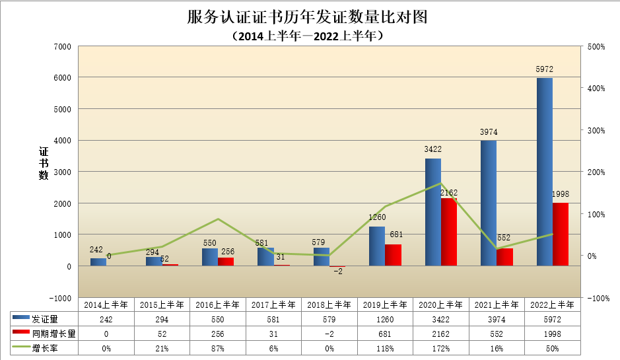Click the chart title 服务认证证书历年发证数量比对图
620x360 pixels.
[x=308, y=17]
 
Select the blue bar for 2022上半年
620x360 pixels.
[x=545, y=172]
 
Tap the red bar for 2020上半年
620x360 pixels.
[x=448, y=231]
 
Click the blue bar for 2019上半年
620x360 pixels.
[x=376, y=246]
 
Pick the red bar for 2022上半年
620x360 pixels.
[x=561, y=234]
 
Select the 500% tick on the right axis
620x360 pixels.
[x=596, y=46]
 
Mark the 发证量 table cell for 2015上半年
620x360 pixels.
[x=161, y=319]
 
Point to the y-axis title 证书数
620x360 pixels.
[x=44, y=162]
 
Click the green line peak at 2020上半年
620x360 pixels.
[x=440, y=184]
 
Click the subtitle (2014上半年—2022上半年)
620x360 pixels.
[x=308, y=36]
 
